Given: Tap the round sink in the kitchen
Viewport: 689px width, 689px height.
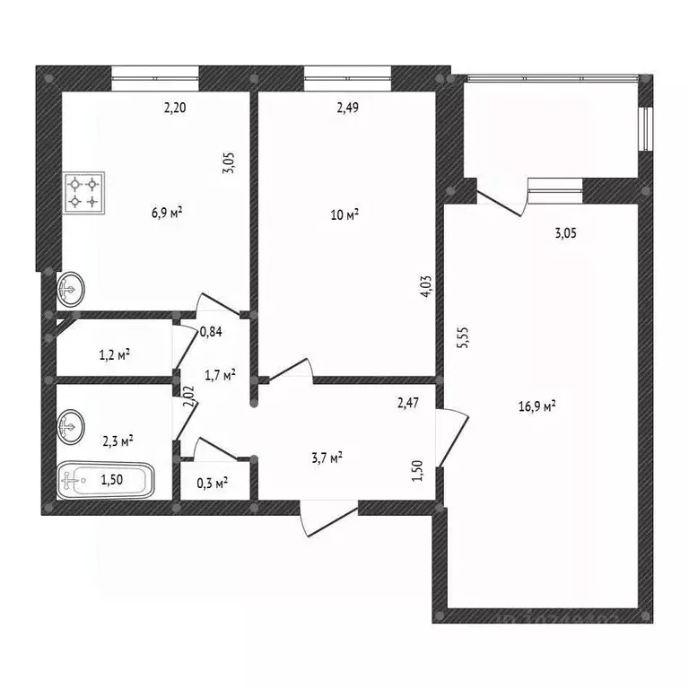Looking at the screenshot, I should (70, 289).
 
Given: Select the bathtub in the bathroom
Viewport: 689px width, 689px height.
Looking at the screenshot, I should (106, 481).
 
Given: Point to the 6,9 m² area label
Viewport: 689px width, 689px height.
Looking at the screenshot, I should (168, 213).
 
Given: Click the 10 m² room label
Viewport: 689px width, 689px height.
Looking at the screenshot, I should (345, 214).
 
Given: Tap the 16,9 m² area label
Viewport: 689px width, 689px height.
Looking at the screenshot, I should (537, 406).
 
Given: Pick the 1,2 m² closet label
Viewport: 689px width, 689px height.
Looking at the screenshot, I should (114, 354).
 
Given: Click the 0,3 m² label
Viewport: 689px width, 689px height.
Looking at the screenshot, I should (212, 483).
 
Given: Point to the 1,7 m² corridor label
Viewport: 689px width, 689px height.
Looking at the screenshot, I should (220, 375).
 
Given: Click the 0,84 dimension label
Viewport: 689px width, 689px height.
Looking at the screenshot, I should (212, 332).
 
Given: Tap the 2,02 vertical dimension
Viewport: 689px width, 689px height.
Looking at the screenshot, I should (188, 397).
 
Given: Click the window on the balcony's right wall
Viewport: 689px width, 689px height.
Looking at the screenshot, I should (643, 129).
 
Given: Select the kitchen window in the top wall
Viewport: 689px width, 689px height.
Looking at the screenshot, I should (155, 79).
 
